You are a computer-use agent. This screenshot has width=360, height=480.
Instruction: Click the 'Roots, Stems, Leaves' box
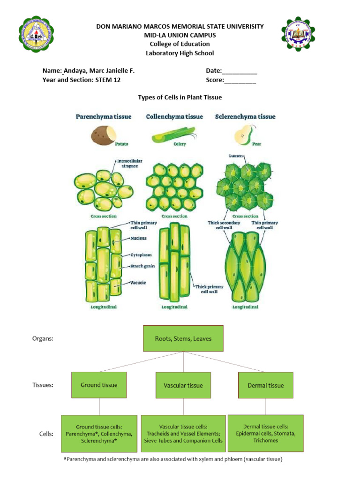(x=183, y=338)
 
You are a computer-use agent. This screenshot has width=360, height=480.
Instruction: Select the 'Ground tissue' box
(x=99, y=385)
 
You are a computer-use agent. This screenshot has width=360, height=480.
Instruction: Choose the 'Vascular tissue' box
(x=183, y=385)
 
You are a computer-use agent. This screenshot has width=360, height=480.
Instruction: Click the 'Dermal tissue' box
(x=266, y=385)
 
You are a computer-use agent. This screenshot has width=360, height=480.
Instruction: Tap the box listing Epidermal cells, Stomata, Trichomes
(x=265, y=434)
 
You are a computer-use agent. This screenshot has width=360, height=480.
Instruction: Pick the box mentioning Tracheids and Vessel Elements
(x=184, y=434)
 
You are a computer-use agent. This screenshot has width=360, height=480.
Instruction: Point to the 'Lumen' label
(x=235, y=156)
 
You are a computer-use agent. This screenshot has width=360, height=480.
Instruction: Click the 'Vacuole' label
(x=138, y=283)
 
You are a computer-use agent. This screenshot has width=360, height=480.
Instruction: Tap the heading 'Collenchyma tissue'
(x=174, y=117)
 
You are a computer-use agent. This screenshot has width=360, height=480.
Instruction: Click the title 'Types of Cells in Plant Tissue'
(x=180, y=97)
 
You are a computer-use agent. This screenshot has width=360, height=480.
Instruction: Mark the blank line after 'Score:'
(x=240, y=80)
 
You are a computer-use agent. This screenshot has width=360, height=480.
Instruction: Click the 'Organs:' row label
(x=43, y=338)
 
